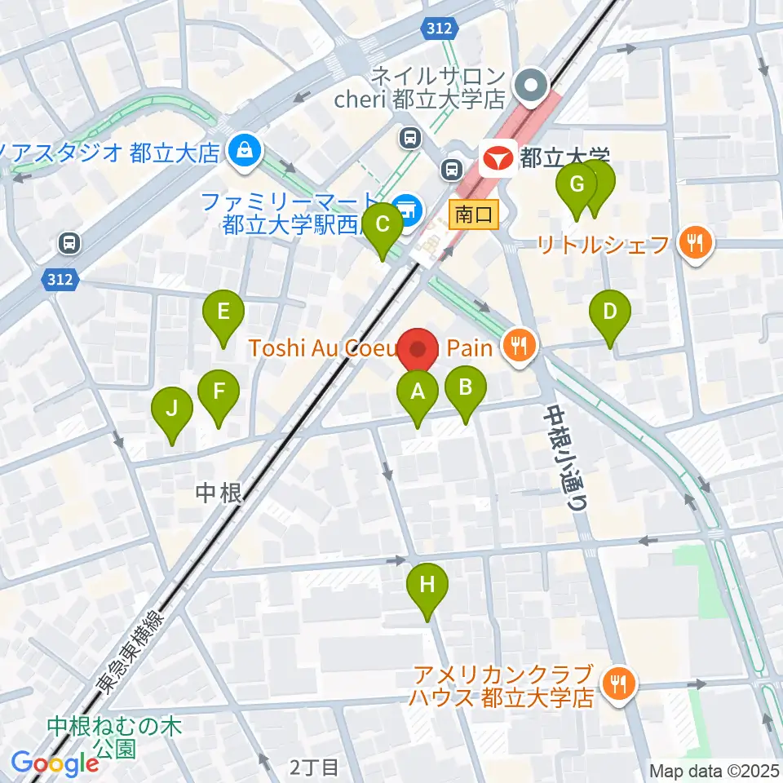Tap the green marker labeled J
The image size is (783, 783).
pos(172,408)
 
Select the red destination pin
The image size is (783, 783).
pos(418,349)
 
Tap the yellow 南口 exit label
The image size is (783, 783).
pos(474,215)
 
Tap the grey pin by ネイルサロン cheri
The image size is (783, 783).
pos(533,85)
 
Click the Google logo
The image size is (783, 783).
pos(55,763)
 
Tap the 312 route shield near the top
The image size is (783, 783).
pos(436,29)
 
